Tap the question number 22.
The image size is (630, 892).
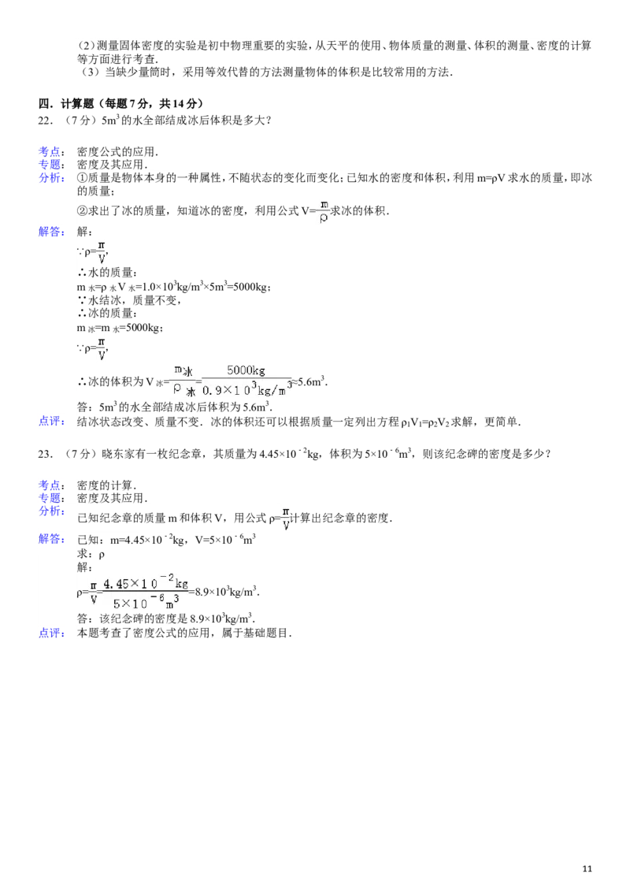tap(46, 121)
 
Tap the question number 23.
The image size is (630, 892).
tap(46, 454)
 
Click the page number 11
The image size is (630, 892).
tap(587, 868)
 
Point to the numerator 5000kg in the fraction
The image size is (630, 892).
tap(246, 370)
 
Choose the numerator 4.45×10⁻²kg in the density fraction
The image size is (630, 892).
tap(146, 583)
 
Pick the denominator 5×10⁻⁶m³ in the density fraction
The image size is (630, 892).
tap(146, 602)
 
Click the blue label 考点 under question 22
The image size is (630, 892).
tap(49, 151)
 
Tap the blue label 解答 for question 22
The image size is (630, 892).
tap(49, 232)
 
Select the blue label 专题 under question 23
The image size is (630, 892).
tap(49, 498)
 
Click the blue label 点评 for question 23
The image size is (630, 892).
tap(49, 634)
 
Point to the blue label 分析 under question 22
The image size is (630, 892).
tap(49, 177)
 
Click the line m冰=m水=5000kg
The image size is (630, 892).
tap(120, 329)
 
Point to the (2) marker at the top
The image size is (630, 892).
tap(85, 46)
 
